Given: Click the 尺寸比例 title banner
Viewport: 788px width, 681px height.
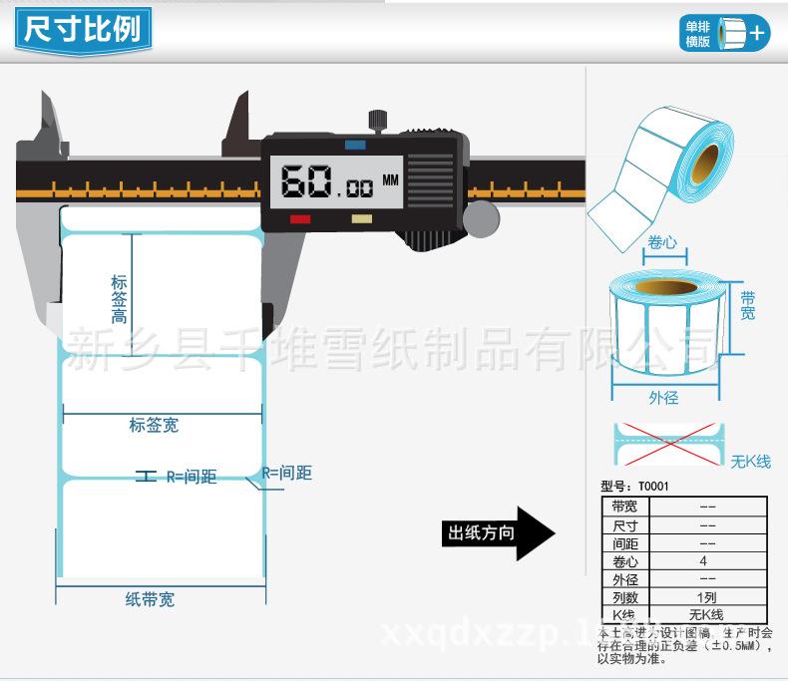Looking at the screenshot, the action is [x=83, y=30].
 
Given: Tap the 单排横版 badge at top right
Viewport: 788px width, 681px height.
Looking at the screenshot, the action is [x=724, y=33].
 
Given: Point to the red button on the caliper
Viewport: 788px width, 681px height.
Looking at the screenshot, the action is [x=299, y=218].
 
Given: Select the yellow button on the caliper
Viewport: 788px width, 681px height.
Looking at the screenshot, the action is [x=362, y=218].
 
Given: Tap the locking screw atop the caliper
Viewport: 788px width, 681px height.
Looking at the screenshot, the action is [x=378, y=121].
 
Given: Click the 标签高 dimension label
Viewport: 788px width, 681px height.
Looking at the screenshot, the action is [x=119, y=299].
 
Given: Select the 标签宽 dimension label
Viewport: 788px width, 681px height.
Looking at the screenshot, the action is [x=154, y=426].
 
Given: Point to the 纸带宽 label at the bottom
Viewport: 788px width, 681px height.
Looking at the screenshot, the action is [x=150, y=599].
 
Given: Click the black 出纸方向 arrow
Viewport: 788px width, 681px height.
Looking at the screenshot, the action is [x=498, y=533].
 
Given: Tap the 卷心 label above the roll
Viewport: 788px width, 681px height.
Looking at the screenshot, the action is [x=662, y=242].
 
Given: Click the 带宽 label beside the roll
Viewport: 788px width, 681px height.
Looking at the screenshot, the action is [x=747, y=305].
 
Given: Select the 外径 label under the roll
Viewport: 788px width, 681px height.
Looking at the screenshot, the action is [x=663, y=398].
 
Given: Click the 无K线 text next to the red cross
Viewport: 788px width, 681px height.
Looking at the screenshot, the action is [x=751, y=462].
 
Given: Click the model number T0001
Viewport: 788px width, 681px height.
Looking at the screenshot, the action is [x=653, y=487].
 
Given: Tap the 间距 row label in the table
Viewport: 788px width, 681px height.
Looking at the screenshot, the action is [x=625, y=543].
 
